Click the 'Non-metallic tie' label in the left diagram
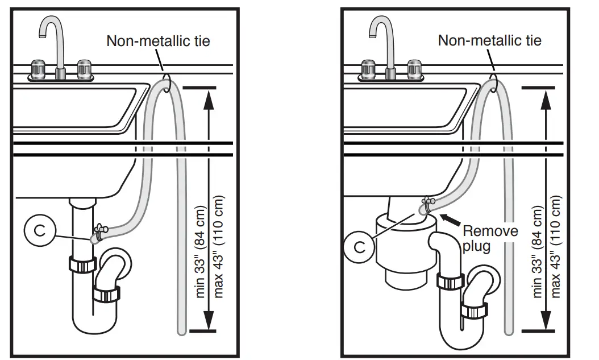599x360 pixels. pyautogui.click(x=158, y=41)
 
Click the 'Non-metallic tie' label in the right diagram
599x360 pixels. pyautogui.click(x=489, y=40)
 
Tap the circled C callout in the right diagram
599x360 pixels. pyautogui.click(x=360, y=246)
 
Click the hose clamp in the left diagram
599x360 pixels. pyautogui.click(x=102, y=230)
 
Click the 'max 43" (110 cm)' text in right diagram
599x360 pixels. pyautogui.click(x=556, y=247)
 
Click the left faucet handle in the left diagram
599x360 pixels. pyautogui.click(x=37, y=70)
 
